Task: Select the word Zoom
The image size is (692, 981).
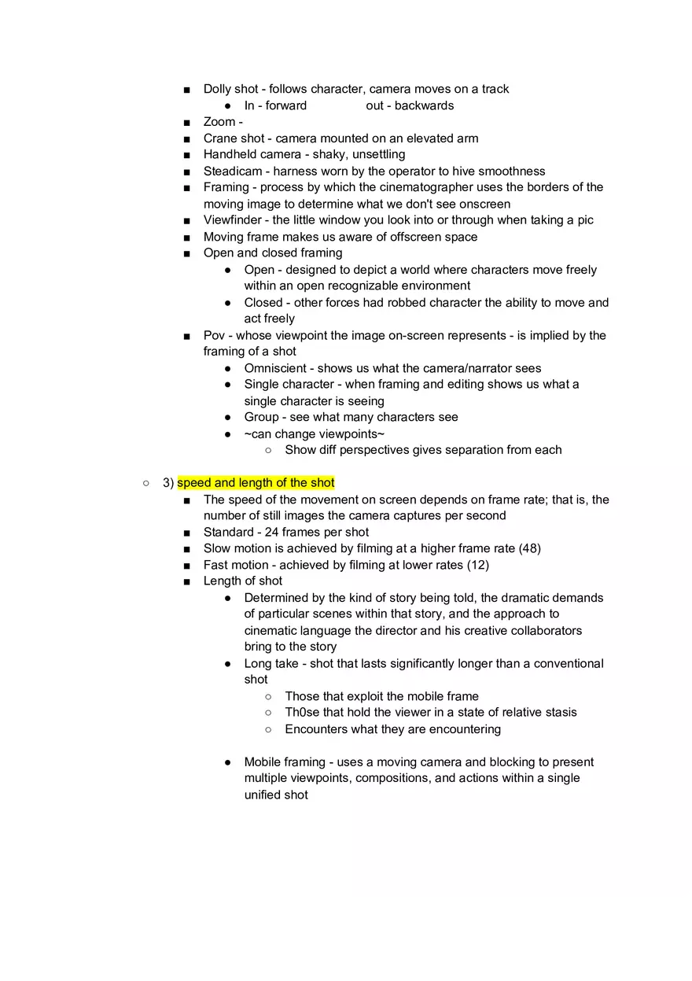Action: (219, 122)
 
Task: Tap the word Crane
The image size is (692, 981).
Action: (221, 138)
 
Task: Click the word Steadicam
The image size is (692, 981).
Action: (233, 171)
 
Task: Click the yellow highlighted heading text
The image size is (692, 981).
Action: (256, 483)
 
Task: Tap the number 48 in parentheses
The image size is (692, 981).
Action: (530, 548)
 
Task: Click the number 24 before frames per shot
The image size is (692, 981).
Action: (272, 532)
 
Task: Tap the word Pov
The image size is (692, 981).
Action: (215, 336)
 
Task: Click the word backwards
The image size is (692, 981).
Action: (425, 105)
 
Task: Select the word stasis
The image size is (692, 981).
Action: (558, 713)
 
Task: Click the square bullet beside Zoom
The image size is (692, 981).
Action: (186, 122)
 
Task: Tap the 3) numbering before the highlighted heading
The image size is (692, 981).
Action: (168, 483)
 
